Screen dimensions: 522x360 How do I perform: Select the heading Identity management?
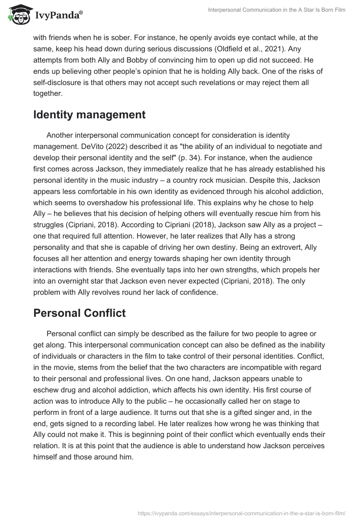click(x=89, y=115)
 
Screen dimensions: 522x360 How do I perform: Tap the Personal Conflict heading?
click(x=79, y=313)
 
